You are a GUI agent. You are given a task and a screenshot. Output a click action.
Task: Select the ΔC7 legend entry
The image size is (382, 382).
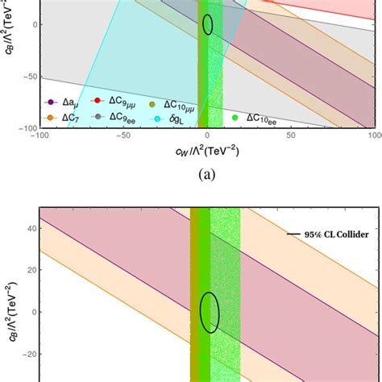[x=61, y=118]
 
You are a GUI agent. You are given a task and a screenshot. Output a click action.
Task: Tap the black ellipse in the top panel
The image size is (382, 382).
[x=208, y=24]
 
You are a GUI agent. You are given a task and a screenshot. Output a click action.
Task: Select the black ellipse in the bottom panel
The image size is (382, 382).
[x=210, y=312]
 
